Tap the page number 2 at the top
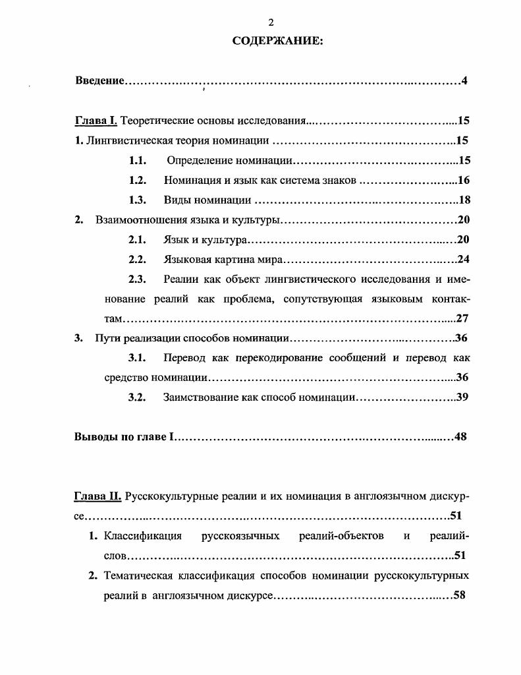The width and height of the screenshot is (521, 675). click(271, 22)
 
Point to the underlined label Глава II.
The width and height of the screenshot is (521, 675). click(97, 496)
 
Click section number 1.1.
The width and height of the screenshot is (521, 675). click(137, 160)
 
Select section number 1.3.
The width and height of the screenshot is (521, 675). click(137, 200)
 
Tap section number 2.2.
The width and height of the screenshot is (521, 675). click(137, 259)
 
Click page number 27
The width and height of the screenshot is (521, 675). click(462, 318)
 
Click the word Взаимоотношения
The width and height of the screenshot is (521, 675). click(137, 220)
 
